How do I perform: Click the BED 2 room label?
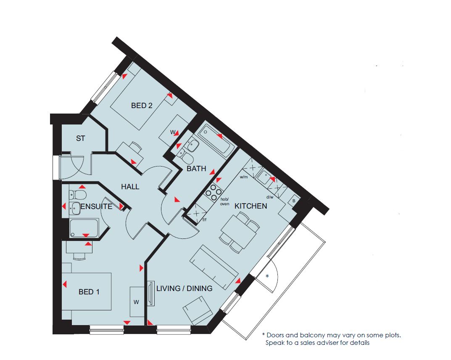tap(142, 106)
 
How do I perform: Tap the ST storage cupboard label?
tap(81, 138)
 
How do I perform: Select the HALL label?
tap(130, 187)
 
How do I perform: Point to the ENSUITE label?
tap(97, 206)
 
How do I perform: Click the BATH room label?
tap(196, 168)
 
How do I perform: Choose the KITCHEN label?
tap(251, 206)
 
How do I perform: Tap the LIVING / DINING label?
tap(185, 289)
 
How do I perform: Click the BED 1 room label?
tap(89, 292)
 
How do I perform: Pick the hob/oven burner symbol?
tap(213, 192)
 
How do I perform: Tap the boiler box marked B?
tap(294, 201)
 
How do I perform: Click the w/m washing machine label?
tap(244, 177)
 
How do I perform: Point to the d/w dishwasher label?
tap(270, 197)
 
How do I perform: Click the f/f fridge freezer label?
tap(205, 220)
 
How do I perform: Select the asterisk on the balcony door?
tap(267, 276)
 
